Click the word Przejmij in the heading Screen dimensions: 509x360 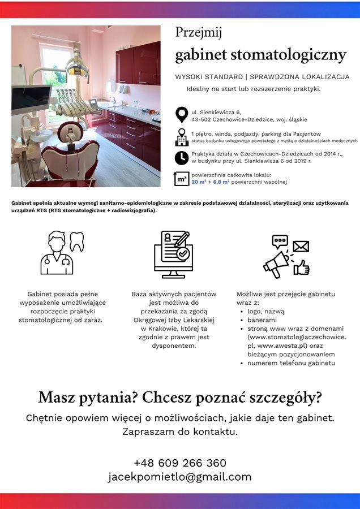(198, 33)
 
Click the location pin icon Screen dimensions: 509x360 (182, 115)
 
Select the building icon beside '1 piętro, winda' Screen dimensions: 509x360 (182, 137)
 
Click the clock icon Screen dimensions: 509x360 (182, 157)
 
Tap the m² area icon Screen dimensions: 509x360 (182, 179)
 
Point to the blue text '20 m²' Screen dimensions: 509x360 (199, 182)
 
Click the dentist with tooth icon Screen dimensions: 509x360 (62, 252)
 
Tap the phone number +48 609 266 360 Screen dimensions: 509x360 (180, 463)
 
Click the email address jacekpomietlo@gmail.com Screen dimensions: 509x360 (180, 477)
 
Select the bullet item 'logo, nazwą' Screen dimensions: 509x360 (266, 311)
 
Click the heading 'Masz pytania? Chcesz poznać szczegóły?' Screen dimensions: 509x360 (180, 398)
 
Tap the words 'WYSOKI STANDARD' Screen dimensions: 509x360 (208, 76)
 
